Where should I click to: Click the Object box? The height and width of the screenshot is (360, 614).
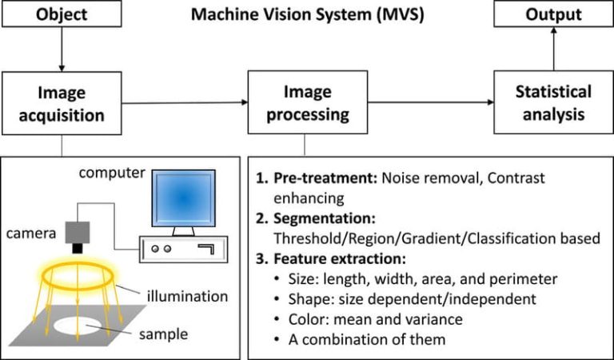(x=61, y=14)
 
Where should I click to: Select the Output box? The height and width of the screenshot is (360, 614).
(x=552, y=14)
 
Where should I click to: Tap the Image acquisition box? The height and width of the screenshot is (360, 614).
(x=62, y=103)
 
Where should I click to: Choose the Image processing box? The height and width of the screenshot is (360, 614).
(x=305, y=103)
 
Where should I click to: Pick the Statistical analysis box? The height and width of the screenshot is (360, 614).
(x=552, y=103)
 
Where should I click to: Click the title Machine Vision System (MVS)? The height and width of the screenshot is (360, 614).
(x=307, y=14)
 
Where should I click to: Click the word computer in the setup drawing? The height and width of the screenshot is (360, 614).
(x=112, y=173)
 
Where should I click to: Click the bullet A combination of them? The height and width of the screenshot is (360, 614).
(x=365, y=339)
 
